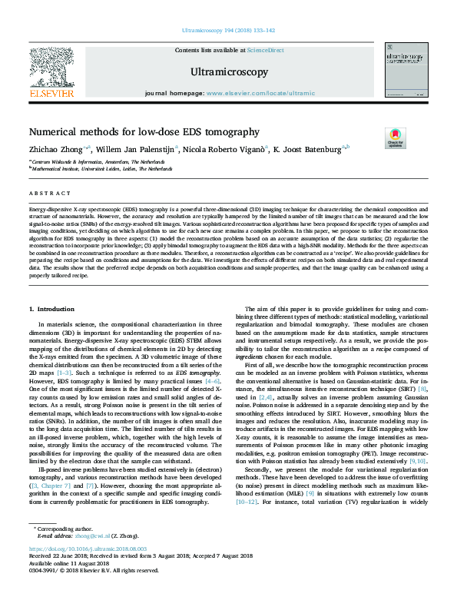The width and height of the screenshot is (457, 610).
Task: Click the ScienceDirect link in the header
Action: point(265,50)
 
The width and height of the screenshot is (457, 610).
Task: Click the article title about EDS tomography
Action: point(144,132)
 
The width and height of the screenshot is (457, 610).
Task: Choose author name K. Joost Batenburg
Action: point(310,150)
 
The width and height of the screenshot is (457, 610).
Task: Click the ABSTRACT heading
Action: point(45,194)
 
